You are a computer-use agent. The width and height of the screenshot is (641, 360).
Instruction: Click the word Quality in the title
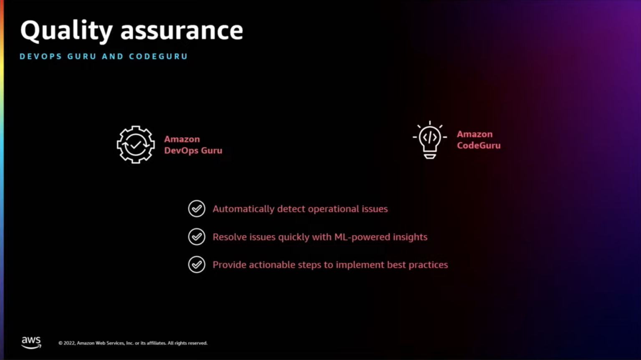click(66, 31)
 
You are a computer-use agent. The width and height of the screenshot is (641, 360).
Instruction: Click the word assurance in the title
click(182, 31)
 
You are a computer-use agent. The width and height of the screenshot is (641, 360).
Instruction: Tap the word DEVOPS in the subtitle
click(40, 56)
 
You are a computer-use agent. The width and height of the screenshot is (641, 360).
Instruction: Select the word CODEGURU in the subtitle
click(158, 56)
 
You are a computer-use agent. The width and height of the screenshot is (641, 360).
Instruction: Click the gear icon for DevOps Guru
click(136, 145)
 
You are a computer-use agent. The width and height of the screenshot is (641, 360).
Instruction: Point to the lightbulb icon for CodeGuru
click(430, 140)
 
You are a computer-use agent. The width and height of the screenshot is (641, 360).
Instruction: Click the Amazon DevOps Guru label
click(193, 145)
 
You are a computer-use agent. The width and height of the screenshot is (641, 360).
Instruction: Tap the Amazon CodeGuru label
click(478, 140)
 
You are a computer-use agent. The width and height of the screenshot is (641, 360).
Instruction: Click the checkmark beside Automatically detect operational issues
click(197, 209)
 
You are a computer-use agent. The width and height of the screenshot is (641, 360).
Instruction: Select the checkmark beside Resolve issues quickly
click(197, 237)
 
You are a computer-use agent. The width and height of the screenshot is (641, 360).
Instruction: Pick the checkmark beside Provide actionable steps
click(197, 264)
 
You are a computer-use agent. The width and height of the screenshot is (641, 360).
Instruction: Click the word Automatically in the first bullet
click(243, 209)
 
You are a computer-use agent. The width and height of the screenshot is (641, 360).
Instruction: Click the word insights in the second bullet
click(411, 237)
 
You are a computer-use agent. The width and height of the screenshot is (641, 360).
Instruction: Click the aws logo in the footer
click(31, 342)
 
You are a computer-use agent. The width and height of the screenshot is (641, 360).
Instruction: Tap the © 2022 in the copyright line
click(66, 343)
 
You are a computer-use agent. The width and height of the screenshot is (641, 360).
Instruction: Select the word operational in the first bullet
click(333, 209)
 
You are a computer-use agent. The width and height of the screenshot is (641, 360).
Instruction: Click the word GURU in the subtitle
click(82, 56)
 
